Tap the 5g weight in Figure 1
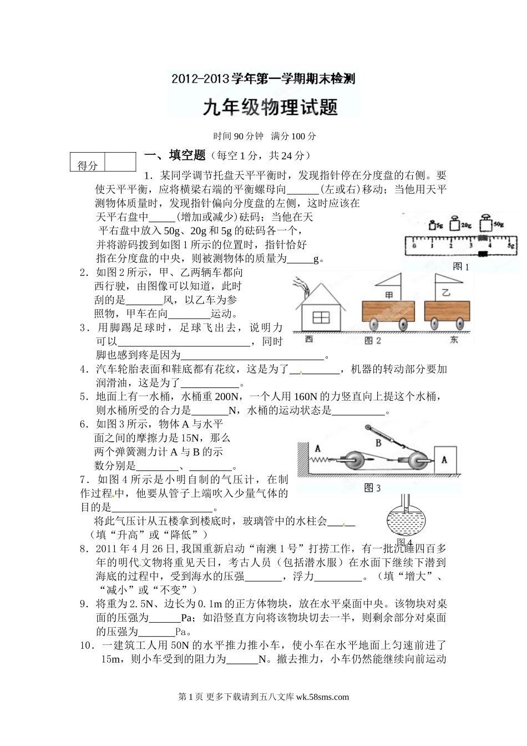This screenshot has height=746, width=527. coord(433,225)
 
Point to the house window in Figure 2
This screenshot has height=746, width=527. coord(321,317)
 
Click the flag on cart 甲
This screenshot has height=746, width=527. coord(390,283)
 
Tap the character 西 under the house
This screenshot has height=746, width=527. coord(308,339)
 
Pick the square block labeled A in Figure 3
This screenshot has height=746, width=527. coord(444,460)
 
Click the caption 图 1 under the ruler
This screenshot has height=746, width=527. coord(460,266)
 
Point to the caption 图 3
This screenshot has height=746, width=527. coord(372,488)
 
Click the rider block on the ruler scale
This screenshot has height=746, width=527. coord(483,253)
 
